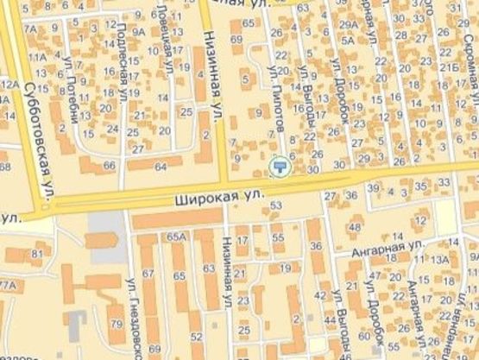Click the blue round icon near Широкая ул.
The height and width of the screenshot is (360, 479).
coord(279,166)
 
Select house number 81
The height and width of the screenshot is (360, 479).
coord(36,254)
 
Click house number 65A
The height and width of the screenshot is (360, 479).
coord(177,236)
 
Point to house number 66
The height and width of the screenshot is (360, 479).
coord(109,165)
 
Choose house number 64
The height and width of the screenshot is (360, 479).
coord(161,165)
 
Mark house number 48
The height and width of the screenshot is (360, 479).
coord(354,227)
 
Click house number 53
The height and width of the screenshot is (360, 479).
coord(277,205)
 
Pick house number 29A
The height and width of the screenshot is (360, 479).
coord(349,26)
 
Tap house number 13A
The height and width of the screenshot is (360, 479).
coord(441,259)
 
